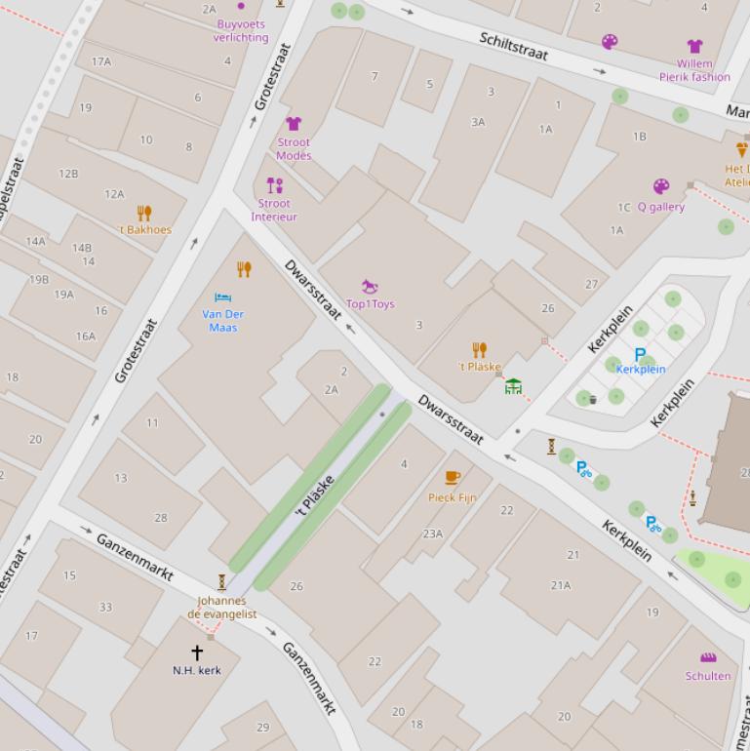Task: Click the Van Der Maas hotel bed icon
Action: (222, 296)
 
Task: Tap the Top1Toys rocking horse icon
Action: (370, 287)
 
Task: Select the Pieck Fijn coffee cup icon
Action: (453, 478)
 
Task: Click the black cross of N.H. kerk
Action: (197, 652)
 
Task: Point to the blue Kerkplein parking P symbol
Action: (640, 355)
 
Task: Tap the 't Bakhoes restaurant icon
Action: (144, 214)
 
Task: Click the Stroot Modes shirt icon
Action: (294, 124)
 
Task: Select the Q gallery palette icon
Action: (661, 186)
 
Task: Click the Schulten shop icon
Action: (708, 657)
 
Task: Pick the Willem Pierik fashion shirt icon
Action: (694, 46)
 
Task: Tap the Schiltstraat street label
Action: (514, 46)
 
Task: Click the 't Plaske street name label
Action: (315, 495)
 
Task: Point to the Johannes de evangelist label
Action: (222, 608)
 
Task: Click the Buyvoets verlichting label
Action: (241, 31)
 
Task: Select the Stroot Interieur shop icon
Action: (275, 185)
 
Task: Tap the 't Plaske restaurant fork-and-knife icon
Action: (479, 350)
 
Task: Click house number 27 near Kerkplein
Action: (591, 285)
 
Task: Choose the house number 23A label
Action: (433, 534)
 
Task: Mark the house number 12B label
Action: (68, 174)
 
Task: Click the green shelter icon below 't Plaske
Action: (513, 386)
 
